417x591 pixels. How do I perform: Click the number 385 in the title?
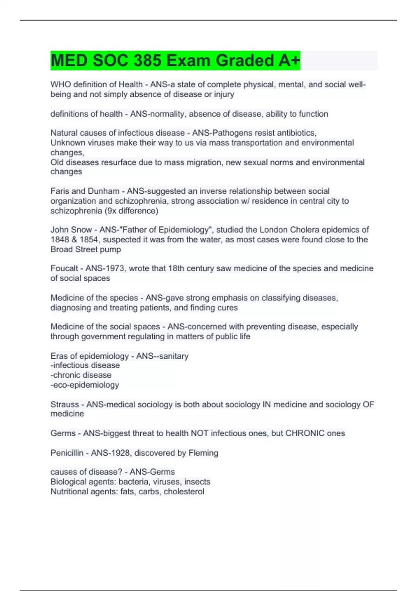(x=147, y=60)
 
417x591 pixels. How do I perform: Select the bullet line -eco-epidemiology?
(x=85, y=385)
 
